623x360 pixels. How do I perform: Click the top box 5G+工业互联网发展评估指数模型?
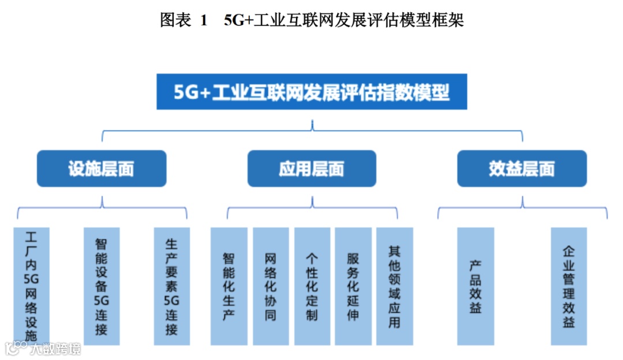pyautogui.click(x=311, y=92)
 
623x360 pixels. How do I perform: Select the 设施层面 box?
pyautogui.click(x=102, y=168)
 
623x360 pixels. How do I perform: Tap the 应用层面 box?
pyautogui.click(x=311, y=168)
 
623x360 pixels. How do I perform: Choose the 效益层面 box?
pyautogui.click(x=521, y=168)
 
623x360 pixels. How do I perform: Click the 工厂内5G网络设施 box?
pyautogui.click(x=31, y=286)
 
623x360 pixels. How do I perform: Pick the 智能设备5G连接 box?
pyautogui.click(x=102, y=286)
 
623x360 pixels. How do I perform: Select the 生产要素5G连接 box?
pyautogui.click(x=171, y=286)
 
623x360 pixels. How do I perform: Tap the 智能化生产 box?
pyautogui.click(x=228, y=286)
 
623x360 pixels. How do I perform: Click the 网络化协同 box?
pyautogui.click(x=271, y=286)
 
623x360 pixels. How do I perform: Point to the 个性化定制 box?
pyautogui.click(x=312, y=286)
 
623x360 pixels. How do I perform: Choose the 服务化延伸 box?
pyautogui.click(x=353, y=286)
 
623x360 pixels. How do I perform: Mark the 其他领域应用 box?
pyautogui.click(x=395, y=286)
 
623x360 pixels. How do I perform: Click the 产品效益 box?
pyautogui.click(x=475, y=286)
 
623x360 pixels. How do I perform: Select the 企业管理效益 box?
pyautogui.click(x=569, y=286)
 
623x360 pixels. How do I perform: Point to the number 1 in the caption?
pyautogui.click(x=204, y=21)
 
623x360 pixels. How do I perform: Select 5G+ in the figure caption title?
pyautogui.click(x=236, y=21)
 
